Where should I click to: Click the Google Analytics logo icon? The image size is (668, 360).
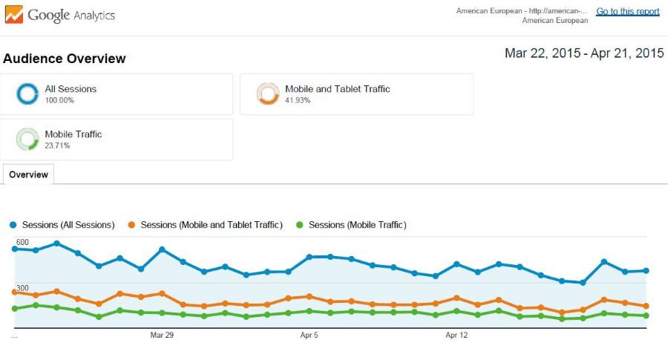click(x=14, y=14)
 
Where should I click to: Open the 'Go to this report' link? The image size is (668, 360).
click(x=627, y=11)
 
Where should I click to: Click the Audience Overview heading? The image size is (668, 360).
click(x=65, y=59)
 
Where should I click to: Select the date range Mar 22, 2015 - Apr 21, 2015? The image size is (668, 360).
click(x=584, y=53)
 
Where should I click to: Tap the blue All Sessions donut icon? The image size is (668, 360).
click(x=27, y=94)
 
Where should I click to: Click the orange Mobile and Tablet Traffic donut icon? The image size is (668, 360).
click(x=268, y=94)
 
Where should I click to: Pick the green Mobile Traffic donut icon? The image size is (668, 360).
click(x=27, y=139)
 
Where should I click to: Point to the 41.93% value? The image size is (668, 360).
click(x=298, y=100)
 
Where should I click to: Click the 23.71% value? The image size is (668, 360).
click(x=59, y=145)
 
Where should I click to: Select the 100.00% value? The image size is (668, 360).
click(x=59, y=100)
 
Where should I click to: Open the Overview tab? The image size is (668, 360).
click(x=29, y=174)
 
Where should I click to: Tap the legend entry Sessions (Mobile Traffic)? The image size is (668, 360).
click(x=357, y=225)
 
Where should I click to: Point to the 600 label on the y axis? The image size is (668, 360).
click(x=22, y=243)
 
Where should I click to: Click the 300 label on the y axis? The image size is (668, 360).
click(x=22, y=288)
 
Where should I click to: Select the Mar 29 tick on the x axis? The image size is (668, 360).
click(x=162, y=336)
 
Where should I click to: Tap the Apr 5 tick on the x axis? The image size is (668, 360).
click(x=310, y=336)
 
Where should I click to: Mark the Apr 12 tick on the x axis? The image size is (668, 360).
click(x=456, y=336)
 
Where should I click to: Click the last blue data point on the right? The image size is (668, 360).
click(x=646, y=271)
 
